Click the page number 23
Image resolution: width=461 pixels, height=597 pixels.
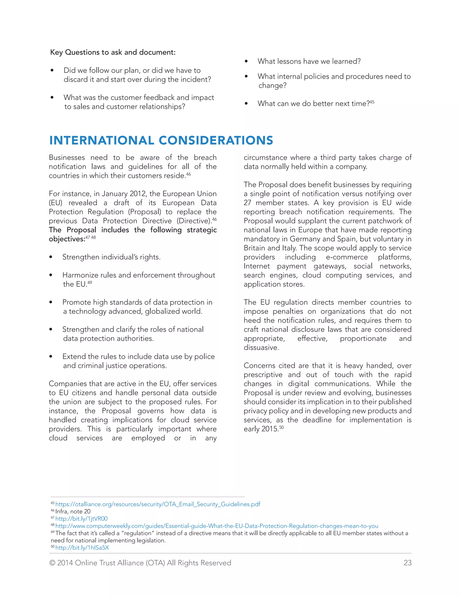coord(407,563)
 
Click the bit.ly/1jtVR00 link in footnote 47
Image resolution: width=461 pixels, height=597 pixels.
coord(81,519)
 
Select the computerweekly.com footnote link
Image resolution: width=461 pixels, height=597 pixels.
coord(217,526)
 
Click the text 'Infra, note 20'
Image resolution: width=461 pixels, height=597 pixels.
coord(73,511)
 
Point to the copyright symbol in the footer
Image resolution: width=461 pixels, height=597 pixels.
coord(52,563)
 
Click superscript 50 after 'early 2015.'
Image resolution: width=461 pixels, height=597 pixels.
coord(281,427)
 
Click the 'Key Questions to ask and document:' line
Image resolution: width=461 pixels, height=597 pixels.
coord(113,52)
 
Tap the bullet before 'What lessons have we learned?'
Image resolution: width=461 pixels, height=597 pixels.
coord(246,61)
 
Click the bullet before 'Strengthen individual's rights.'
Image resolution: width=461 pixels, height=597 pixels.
coord(51,257)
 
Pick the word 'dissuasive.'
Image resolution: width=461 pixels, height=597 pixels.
coord(261,347)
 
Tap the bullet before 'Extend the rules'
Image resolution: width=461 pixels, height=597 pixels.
coord(51,356)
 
